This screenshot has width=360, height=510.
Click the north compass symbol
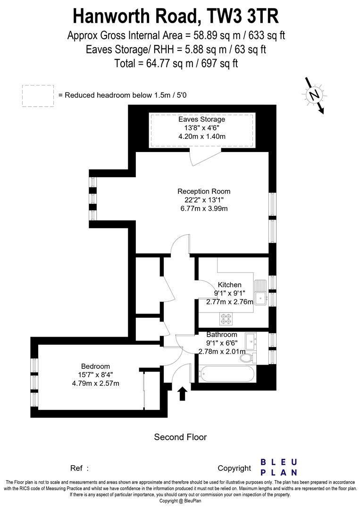click(313, 95)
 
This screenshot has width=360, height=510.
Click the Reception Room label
click(204, 191)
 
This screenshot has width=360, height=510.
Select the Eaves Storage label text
click(202, 119)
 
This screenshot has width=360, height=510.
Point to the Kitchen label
click(229, 285)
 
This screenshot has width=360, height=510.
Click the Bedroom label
click(95, 366)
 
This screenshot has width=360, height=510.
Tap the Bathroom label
click(222, 335)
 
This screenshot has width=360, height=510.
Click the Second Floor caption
click(180, 437)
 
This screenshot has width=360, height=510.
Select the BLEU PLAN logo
click(279, 467)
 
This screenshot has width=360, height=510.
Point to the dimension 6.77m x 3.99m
click(204, 208)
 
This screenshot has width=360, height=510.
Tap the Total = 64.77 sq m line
click(176, 63)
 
